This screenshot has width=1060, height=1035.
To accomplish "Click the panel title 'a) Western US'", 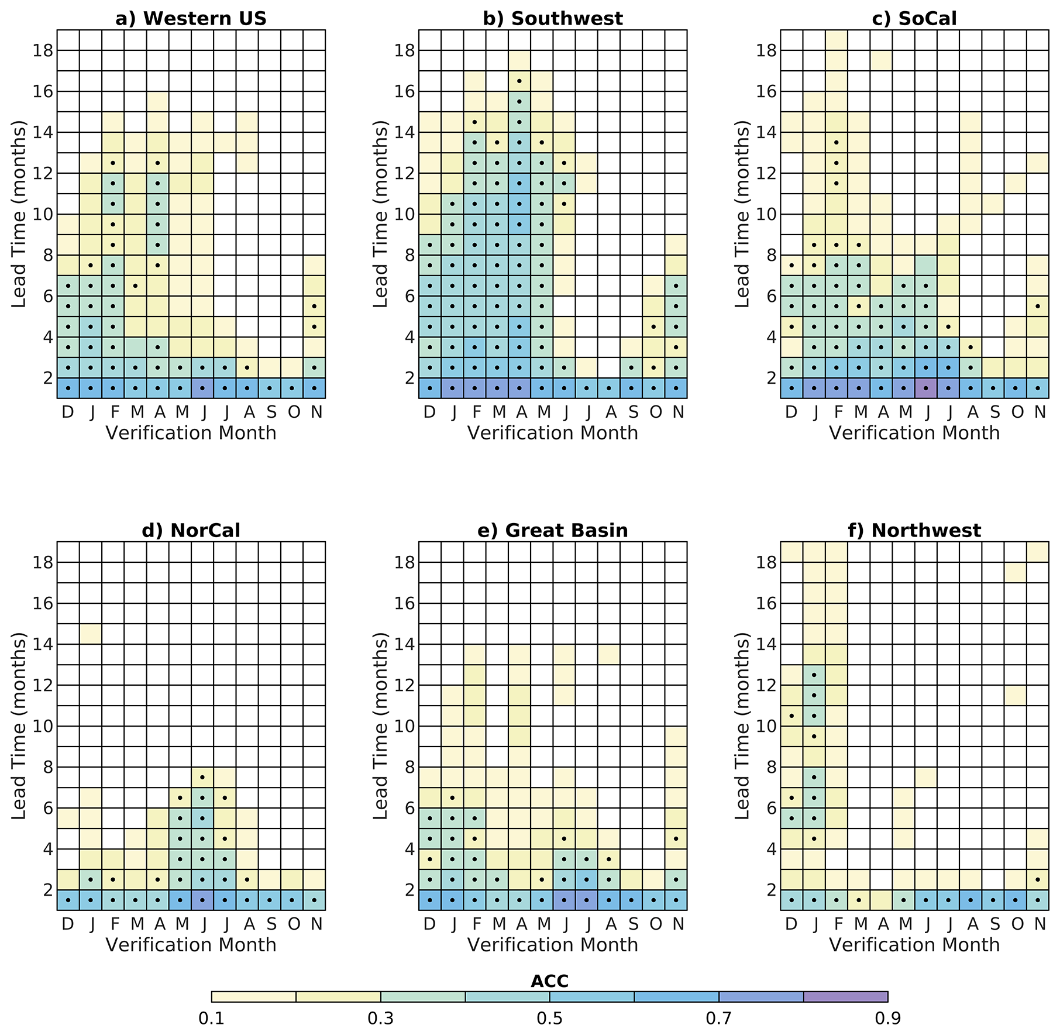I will [x=191, y=19].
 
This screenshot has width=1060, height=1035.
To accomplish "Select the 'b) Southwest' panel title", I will [x=553, y=19].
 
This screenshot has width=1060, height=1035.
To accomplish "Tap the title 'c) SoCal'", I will [x=914, y=19].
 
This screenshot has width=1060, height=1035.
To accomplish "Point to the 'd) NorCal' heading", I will [x=191, y=530].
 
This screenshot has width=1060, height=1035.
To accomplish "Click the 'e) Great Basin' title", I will [x=553, y=530].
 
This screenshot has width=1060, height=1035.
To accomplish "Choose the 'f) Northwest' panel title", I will [x=914, y=530].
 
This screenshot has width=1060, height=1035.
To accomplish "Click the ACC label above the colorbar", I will [x=549, y=981].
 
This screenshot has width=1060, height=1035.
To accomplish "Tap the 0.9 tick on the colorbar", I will [x=887, y=1019].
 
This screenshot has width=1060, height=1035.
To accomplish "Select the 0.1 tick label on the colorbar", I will [x=211, y=1019].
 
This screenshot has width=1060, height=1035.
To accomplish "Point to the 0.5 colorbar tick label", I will [x=549, y=1019].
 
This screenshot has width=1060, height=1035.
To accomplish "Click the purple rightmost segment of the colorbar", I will [x=845, y=996].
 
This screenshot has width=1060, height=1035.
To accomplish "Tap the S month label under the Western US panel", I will [x=271, y=412].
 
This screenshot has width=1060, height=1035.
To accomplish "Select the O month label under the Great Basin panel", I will [x=656, y=924].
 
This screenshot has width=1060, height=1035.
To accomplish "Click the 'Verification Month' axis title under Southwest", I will [x=553, y=433].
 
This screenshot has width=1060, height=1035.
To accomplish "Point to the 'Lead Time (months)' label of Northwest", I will [x=742, y=725].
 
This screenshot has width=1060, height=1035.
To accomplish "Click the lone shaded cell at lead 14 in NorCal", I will [x=91, y=634].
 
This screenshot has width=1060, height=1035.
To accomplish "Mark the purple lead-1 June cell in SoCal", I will [x=925, y=388].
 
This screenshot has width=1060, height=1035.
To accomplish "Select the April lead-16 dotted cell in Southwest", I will [x=519, y=101].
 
